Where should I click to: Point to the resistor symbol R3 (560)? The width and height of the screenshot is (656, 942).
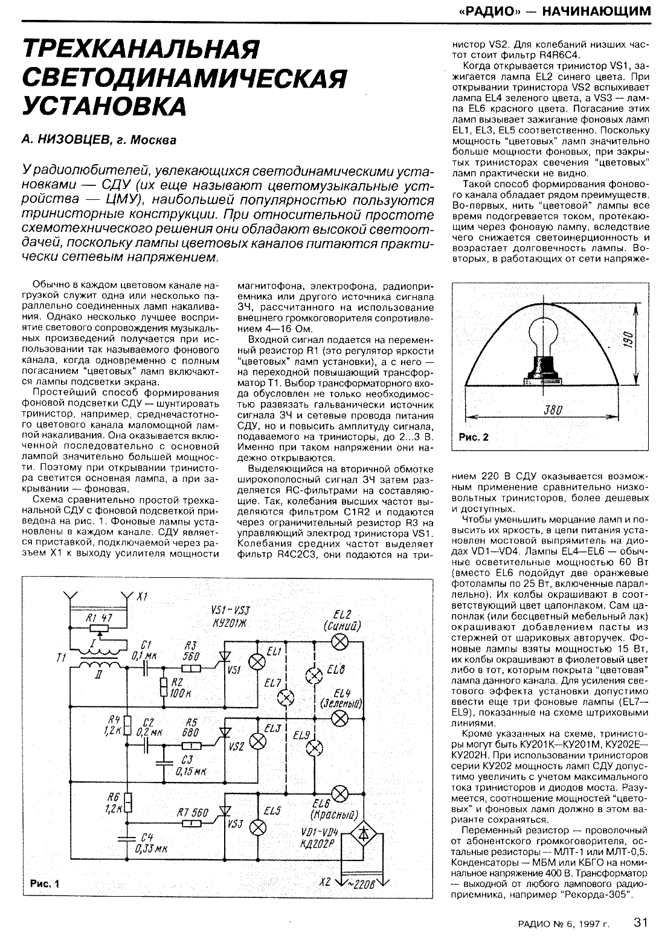point(191,668)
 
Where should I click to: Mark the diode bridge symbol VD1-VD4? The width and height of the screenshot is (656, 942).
point(362,834)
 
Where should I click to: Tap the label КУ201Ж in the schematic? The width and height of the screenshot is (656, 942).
point(223,623)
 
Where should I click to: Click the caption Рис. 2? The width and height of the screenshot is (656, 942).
point(474,437)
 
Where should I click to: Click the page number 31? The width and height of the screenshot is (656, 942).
point(640,922)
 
